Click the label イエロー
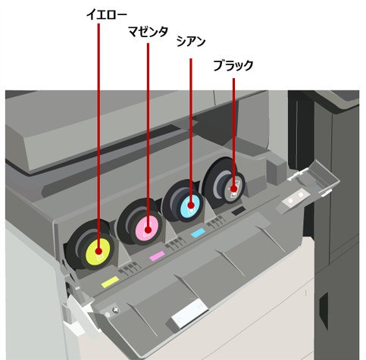pyautogui.click(x=106, y=15)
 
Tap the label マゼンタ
pyautogui.click(x=148, y=32)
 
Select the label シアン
pyautogui.click(x=191, y=41)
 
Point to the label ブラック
pyautogui.click(x=233, y=65)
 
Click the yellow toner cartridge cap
pyautogui.click(x=98, y=252)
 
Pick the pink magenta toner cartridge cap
pyautogui.click(x=147, y=228)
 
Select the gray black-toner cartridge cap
pyautogui.click(x=233, y=188)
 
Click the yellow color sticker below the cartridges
pyautogui.click(x=110, y=282)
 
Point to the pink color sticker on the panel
pyautogui.click(x=157, y=256)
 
